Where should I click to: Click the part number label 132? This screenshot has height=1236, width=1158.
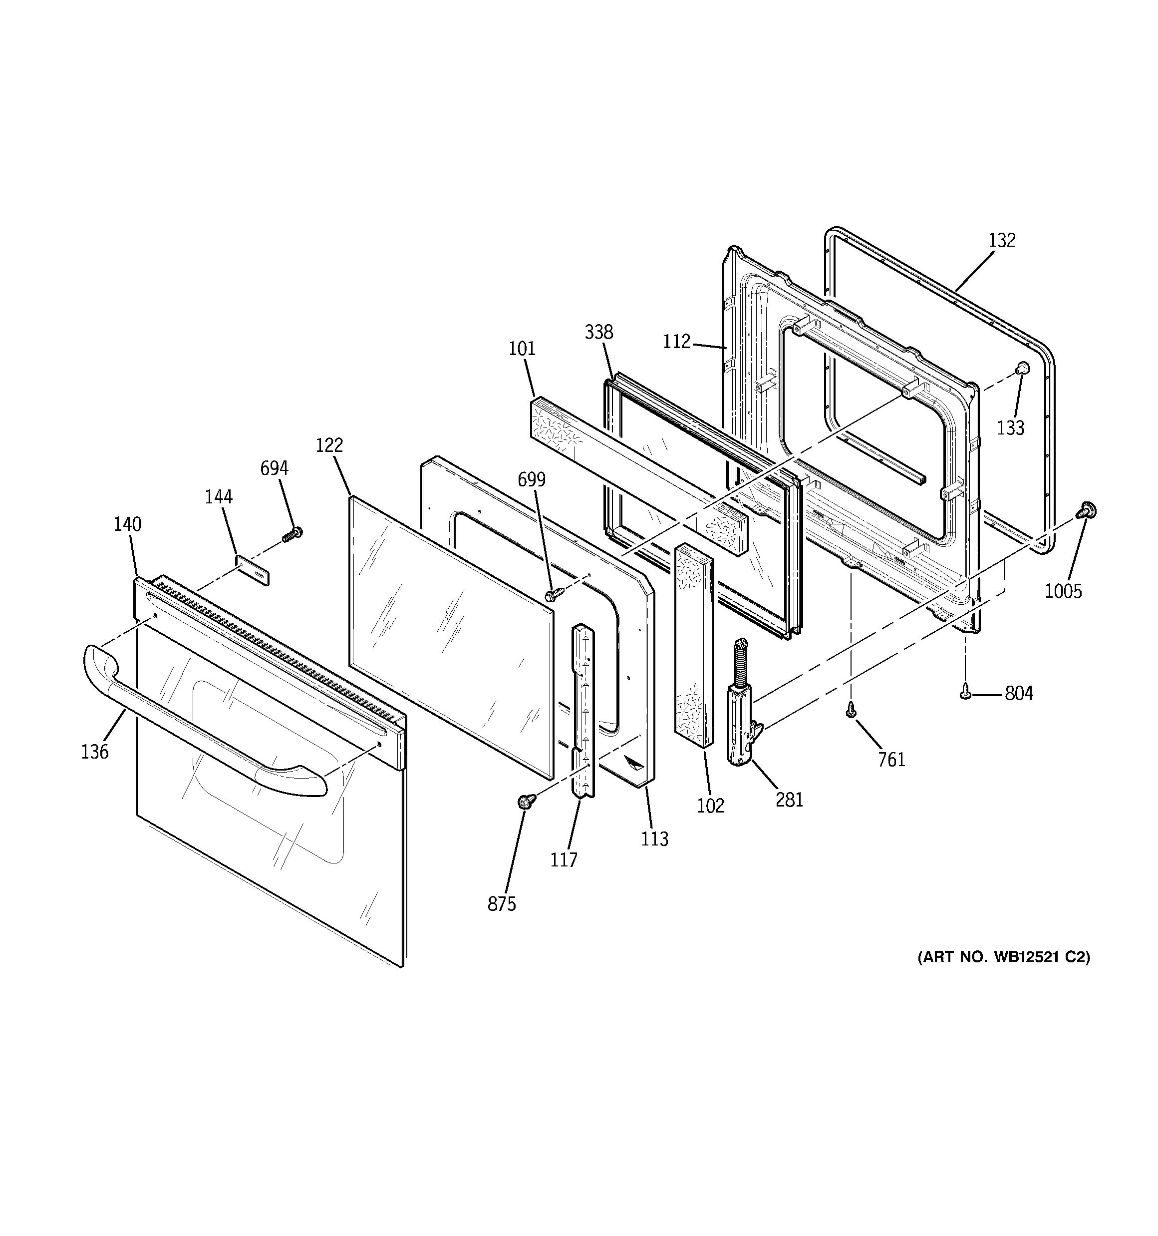1001,240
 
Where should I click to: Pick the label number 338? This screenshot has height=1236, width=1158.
598,332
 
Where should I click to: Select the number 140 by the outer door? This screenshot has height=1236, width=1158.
127,524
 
